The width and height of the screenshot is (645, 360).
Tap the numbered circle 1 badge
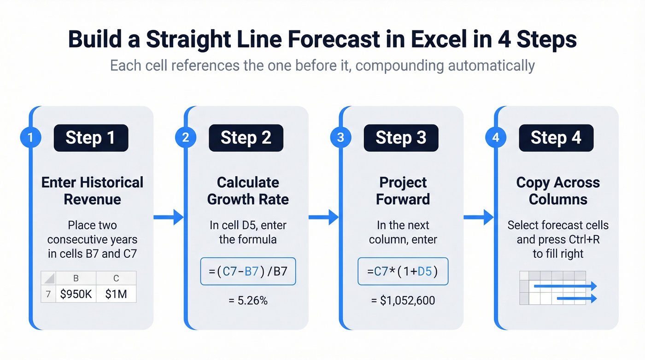(x=31, y=137)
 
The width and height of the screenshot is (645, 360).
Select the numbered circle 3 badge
(x=341, y=137)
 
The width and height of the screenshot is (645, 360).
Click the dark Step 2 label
(x=246, y=137)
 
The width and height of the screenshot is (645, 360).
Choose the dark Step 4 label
(x=556, y=137)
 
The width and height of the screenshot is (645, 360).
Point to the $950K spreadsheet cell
(x=76, y=294)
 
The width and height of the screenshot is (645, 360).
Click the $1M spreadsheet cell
(x=116, y=294)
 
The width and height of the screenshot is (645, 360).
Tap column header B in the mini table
(x=76, y=278)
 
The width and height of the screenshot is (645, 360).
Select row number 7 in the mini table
(x=48, y=294)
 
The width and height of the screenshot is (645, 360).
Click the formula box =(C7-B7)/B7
(x=248, y=271)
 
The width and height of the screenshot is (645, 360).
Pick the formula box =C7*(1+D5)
(x=403, y=271)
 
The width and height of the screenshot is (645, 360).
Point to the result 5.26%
(x=248, y=301)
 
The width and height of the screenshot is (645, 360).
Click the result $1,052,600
(x=403, y=301)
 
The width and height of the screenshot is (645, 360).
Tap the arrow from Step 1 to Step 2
(x=169, y=217)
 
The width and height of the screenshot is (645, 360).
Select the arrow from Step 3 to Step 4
(x=479, y=217)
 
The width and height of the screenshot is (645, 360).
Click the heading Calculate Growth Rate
(x=248, y=191)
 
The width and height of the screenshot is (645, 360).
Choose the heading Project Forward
(x=403, y=191)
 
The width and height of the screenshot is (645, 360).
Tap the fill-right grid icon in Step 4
(x=558, y=288)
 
